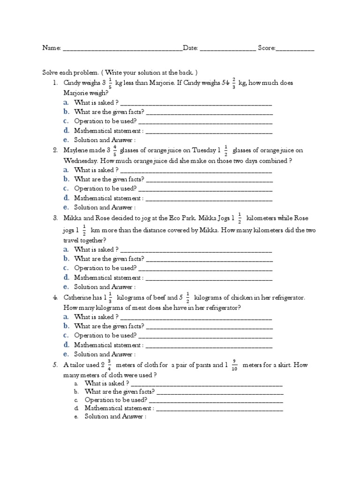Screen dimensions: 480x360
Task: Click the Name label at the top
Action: (x=52, y=48)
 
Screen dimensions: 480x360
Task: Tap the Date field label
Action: (x=190, y=48)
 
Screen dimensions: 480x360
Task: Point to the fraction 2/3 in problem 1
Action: (x=233, y=82)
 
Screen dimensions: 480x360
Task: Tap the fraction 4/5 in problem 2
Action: (x=114, y=150)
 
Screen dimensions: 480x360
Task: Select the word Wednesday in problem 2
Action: (x=81, y=160)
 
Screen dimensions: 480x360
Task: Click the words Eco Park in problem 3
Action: (x=171, y=218)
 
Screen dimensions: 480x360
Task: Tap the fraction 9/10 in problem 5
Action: (x=234, y=365)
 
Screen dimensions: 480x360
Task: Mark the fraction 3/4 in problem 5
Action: (x=109, y=365)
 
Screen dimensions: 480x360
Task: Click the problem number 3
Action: (x=55, y=218)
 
